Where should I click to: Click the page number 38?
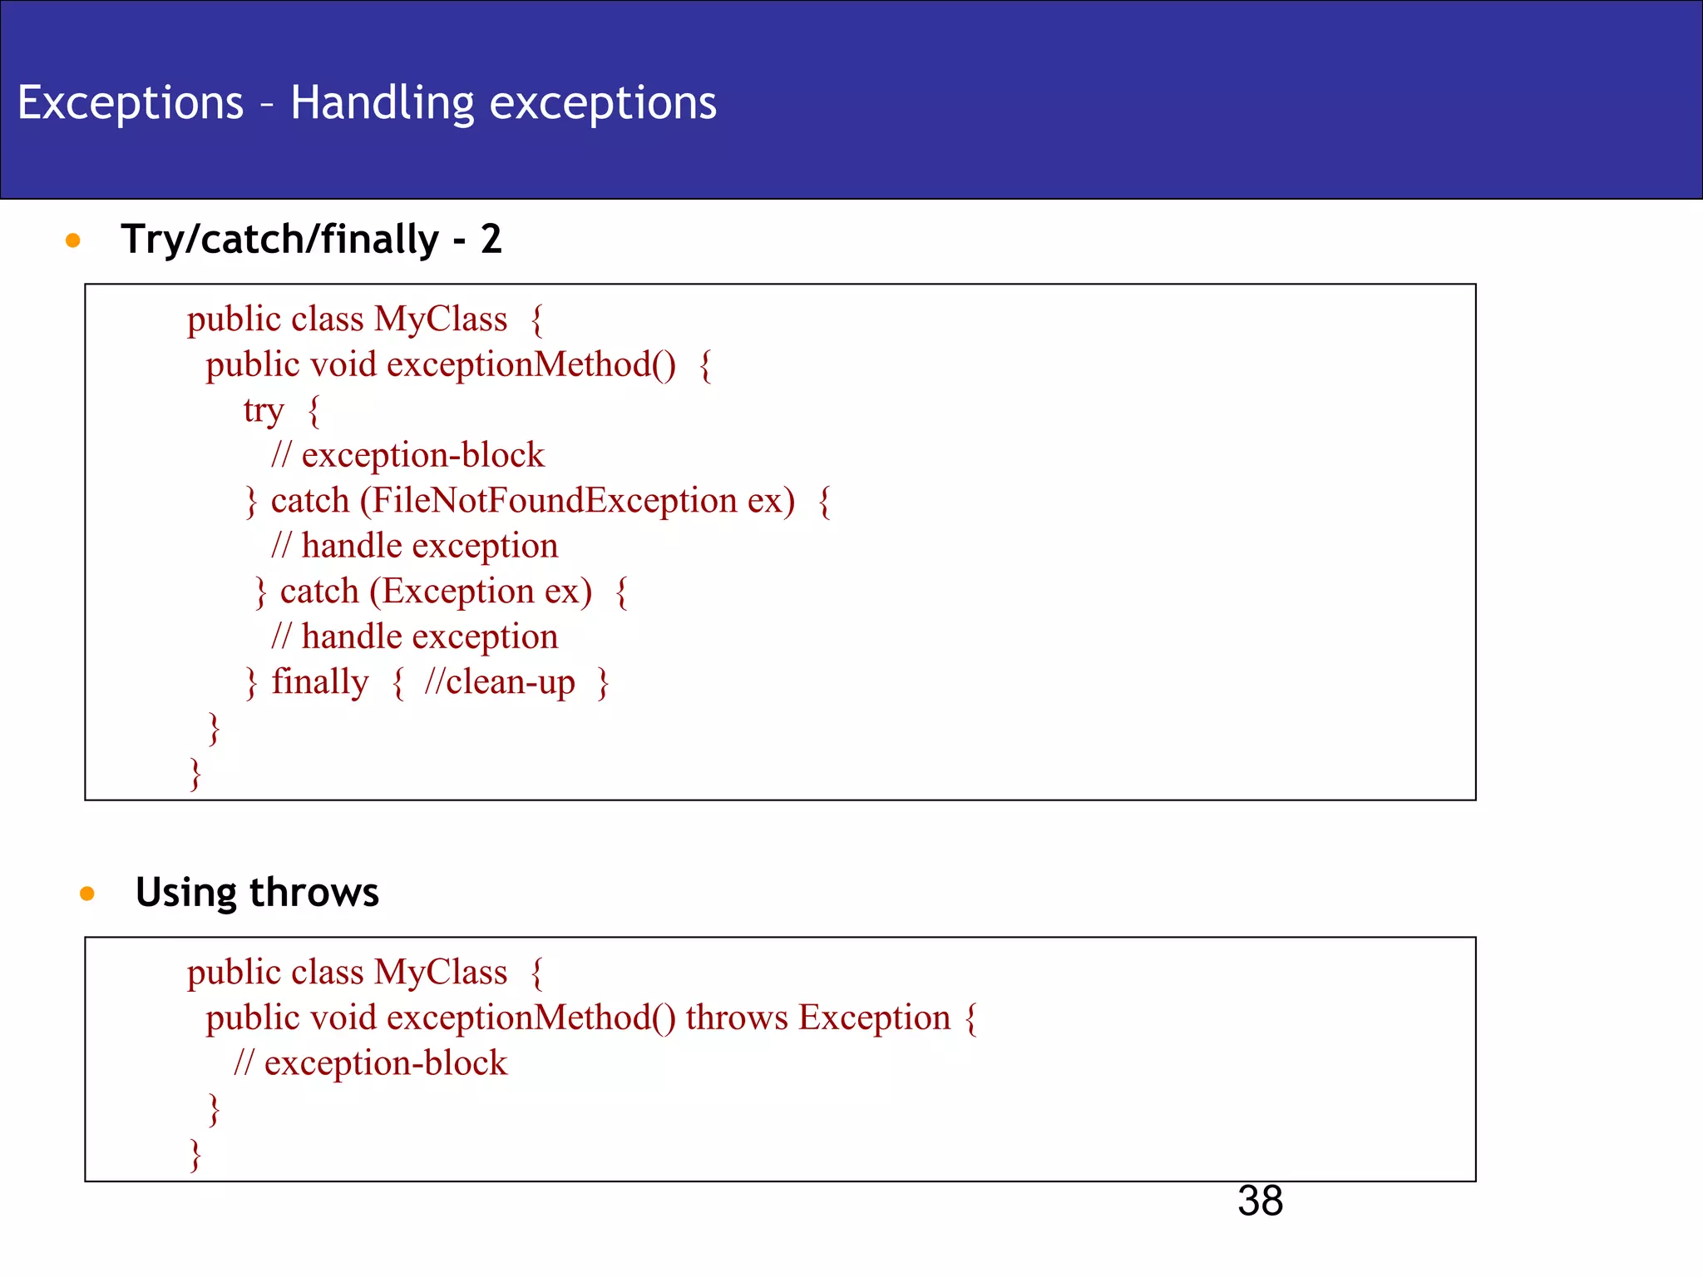click(1259, 1201)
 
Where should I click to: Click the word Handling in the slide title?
click(382, 104)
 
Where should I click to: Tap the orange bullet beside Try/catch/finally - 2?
click(73, 240)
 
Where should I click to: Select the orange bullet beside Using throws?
click(87, 894)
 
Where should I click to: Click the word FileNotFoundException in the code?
click(554, 501)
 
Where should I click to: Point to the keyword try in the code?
click(264, 411)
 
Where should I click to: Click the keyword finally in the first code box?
click(319, 682)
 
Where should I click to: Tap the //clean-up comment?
click(499, 682)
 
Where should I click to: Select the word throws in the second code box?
click(736, 1018)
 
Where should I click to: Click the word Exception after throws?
click(874, 1018)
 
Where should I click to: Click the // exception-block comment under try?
click(407, 456)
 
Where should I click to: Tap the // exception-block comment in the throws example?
click(370, 1063)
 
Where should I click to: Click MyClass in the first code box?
click(441, 319)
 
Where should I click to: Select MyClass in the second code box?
click(441, 973)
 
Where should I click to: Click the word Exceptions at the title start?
click(131, 103)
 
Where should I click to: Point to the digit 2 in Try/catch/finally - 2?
click(491, 240)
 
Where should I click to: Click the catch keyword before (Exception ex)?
click(319, 592)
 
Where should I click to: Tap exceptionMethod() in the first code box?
click(531, 365)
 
